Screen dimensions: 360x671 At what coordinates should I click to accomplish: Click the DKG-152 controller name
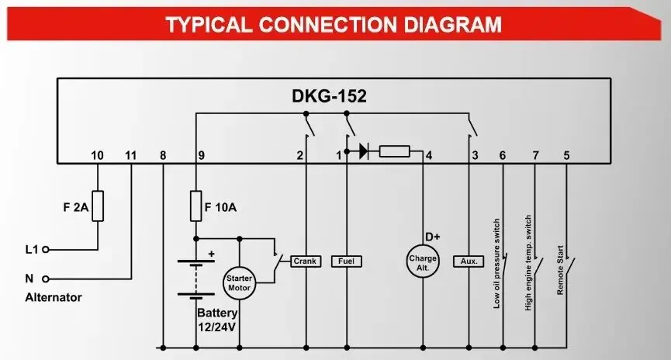click(329, 97)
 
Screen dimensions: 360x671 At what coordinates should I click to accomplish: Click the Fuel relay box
click(346, 261)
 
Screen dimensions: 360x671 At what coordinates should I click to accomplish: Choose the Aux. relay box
click(469, 261)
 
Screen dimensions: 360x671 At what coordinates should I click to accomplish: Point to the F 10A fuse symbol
click(195, 206)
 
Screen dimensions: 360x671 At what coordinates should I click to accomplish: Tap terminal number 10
click(97, 155)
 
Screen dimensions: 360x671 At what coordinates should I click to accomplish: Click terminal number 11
click(130, 155)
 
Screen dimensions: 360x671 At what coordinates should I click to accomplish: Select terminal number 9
click(201, 155)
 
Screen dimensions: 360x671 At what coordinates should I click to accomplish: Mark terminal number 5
click(566, 155)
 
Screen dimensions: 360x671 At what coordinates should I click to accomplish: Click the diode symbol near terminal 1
click(363, 151)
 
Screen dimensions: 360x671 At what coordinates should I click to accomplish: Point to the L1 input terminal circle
click(45, 250)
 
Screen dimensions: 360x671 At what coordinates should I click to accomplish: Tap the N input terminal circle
click(45, 278)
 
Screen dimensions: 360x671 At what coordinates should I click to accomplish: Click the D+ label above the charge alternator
click(433, 236)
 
